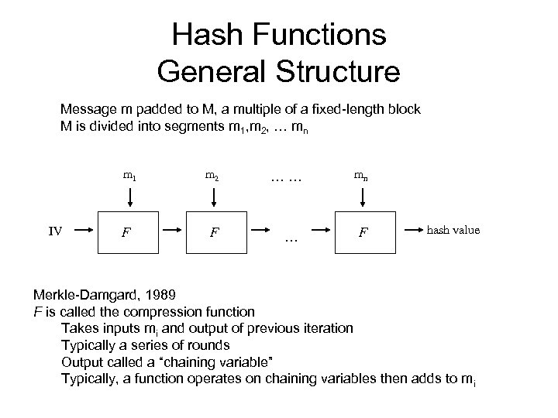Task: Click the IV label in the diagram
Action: (54, 230)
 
